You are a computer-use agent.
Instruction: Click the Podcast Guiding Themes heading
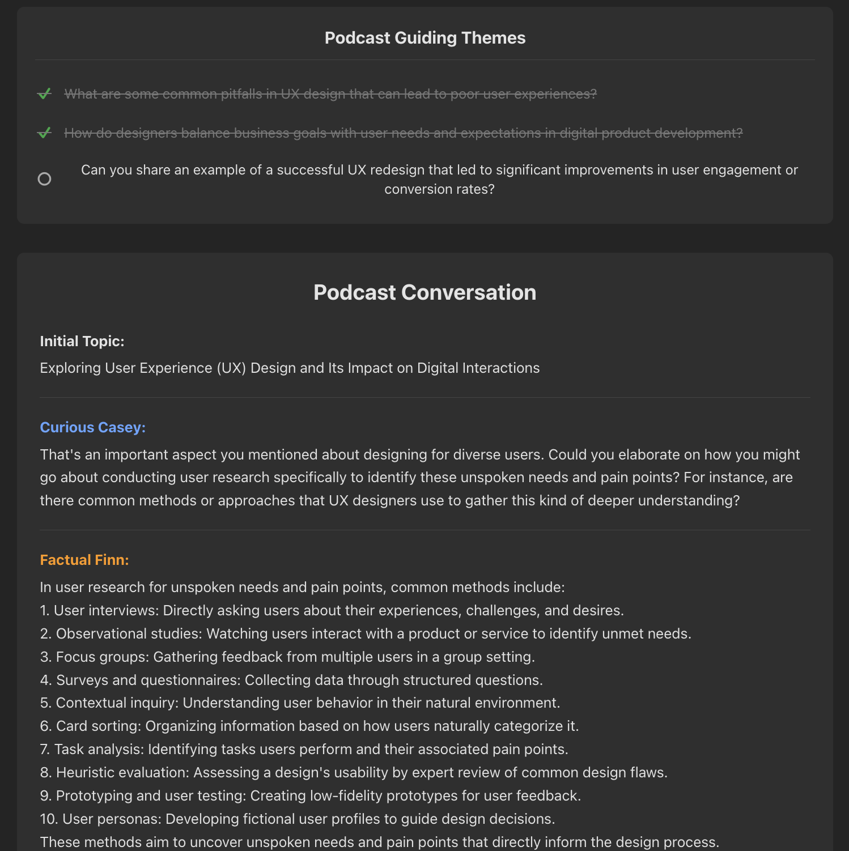(425, 38)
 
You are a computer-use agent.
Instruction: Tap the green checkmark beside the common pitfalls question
(44, 93)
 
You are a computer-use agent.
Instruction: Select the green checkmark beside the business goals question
(44, 133)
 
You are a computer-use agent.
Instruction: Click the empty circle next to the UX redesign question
(44, 179)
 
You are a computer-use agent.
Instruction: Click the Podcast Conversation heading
(425, 292)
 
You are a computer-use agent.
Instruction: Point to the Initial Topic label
(82, 341)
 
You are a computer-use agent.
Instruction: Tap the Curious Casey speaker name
(93, 427)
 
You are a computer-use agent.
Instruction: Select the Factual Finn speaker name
(84, 560)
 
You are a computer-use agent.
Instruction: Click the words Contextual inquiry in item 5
(116, 703)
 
